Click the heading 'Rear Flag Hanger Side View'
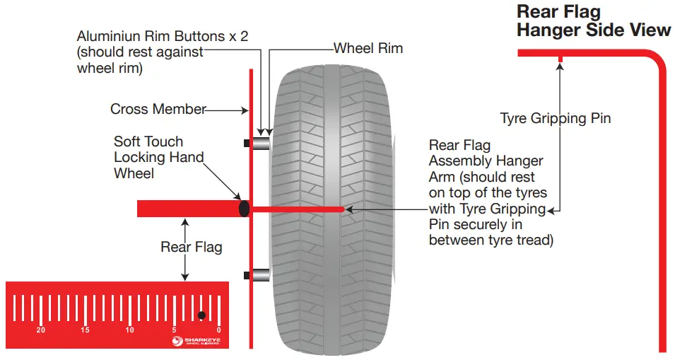click(593, 21)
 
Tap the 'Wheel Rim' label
click(368, 49)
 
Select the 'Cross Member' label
click(158, 110)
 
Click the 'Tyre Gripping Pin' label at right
click(555, 118)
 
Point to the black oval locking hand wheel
click(245, 209)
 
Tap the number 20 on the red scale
click(41, 330)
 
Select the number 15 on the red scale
click(86, 330)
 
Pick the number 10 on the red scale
click(129, 330)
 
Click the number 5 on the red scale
click(174, 330)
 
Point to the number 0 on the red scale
click(218, 330)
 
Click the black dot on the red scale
click(201, 315)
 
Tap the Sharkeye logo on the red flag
click(197, 341)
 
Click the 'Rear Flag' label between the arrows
click(191, 247)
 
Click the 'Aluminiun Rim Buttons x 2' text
click(162, 36)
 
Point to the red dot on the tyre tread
click(344, 209)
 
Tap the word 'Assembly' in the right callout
click(457, 161)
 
